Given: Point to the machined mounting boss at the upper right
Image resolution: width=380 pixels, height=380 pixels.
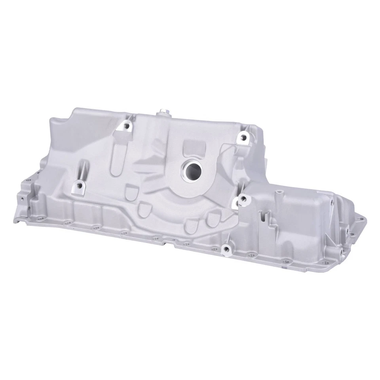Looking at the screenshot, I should pyautogui.click(x=243, y=137).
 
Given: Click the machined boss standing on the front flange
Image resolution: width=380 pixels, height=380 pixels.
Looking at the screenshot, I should pyautogui.click(x=226, y=249).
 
